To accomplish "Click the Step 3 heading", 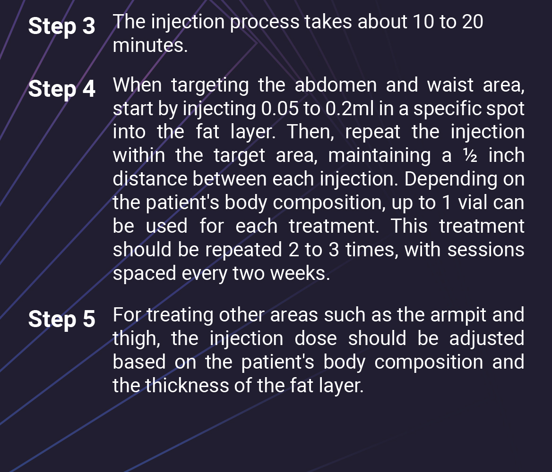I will pyautogui.click(x=61, y=26).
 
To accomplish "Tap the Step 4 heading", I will pyautogui.click(x=61, y=89).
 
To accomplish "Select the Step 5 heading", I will pyautogui.click(x=61, y=319).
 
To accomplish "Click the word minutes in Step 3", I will pyautogui.click(x=150, y=46).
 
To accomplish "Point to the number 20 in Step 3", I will pyautogui.click(x=472, y=22).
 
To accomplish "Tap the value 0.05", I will pyautogui.click(x=279, y=109).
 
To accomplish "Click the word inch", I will pyautogui.click(x=506, y=156).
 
